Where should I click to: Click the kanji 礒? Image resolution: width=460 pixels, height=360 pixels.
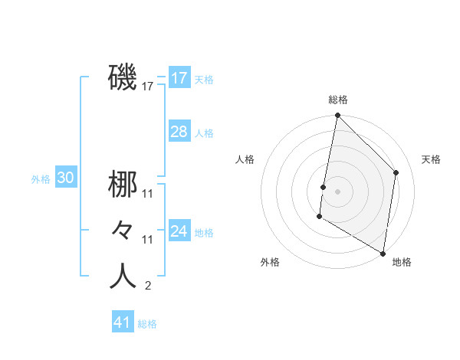[x=123, y=77]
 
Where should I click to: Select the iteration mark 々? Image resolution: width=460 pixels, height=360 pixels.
[x=123, y=230]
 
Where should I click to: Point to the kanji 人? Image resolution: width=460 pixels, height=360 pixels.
[x=123, y=277]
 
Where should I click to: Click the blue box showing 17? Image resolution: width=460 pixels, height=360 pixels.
[x=179, y=78]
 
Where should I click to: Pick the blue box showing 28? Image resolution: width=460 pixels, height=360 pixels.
[x=179, y=132]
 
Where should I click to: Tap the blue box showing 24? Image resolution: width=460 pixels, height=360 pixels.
[x=179, y=231]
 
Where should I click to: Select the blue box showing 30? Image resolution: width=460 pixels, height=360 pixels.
[x=65, y=178]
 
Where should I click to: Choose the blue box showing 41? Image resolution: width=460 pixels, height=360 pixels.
[x=123, y=322]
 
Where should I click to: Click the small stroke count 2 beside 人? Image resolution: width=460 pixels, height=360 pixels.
[x=147, y=286]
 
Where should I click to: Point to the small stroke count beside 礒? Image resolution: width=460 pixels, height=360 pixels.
[x=148, y=87]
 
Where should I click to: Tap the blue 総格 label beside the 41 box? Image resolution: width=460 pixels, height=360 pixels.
[x=147, y=324]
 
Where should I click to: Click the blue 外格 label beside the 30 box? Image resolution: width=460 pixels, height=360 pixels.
[x=41, y=179]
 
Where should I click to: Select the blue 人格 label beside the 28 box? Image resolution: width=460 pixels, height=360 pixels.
[x=204, y=133]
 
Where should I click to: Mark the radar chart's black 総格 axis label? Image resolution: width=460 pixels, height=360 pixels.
[x=337, y=100]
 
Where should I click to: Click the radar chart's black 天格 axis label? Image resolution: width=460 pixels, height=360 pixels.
[x=432, y=159]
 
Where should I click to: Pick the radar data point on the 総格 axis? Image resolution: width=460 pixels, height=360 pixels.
[x=337, y=116]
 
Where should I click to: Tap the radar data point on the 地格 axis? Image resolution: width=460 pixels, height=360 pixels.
[x=383, y=253]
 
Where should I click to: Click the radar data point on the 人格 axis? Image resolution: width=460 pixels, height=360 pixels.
[x=324, y=186]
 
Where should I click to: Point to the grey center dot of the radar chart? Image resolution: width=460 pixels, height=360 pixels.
[x=337, y=191]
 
